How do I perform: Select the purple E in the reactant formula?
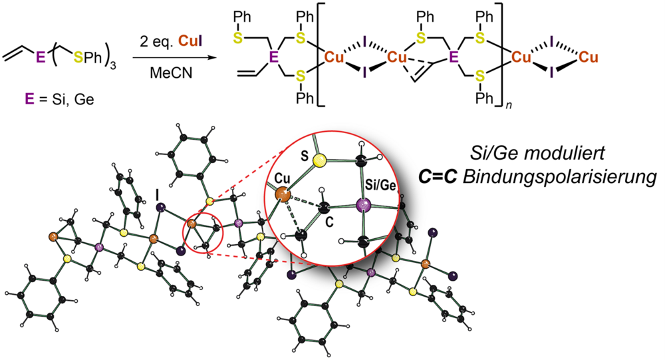point(41,59)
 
